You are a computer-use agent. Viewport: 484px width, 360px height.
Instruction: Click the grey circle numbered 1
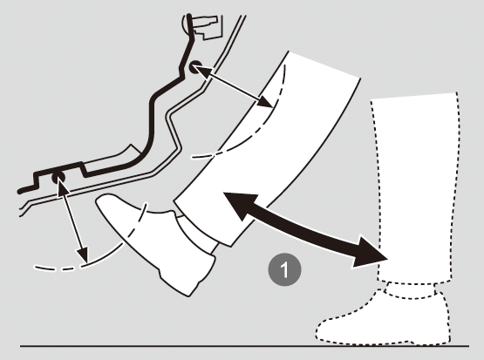point(284,269)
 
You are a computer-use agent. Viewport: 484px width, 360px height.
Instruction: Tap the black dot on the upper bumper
point(195,67)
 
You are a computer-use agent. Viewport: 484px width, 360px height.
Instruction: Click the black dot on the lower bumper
point(58,178)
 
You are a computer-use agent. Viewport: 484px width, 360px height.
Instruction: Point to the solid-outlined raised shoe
point(154,241)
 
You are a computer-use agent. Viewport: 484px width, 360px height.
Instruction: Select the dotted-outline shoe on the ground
point(383,321)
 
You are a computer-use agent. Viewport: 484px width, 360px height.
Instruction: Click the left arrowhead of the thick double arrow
point(241,204)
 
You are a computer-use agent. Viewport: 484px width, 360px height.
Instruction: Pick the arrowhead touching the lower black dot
point(63,189)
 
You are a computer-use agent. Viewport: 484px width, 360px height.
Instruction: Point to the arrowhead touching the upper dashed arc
point(264,101)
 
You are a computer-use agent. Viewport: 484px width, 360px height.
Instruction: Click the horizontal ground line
point(244,346)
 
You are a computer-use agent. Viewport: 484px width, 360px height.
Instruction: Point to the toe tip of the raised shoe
point(99,200)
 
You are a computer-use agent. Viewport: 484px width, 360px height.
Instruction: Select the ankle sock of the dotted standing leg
point(411,290)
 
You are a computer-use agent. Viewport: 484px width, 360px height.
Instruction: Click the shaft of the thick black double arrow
point(305,228)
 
